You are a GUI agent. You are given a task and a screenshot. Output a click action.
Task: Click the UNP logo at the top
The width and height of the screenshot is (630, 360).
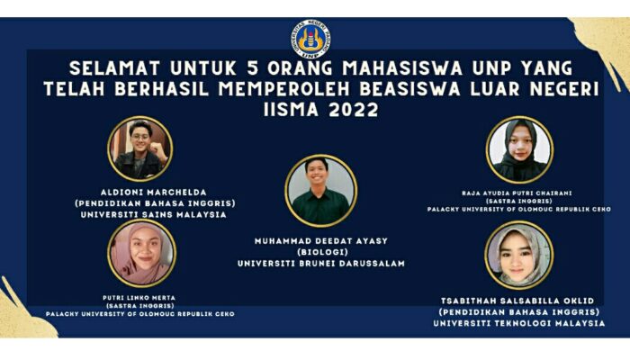(314, 38)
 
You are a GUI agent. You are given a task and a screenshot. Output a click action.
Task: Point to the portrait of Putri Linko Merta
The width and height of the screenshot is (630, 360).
(142, 254)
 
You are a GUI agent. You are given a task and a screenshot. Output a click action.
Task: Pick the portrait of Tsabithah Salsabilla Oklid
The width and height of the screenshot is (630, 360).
(519, 254)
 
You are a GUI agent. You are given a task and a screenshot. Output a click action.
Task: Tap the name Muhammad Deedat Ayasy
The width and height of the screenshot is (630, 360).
(320, 240)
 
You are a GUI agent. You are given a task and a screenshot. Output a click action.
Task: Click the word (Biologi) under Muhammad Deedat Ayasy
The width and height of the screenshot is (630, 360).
(320, 252)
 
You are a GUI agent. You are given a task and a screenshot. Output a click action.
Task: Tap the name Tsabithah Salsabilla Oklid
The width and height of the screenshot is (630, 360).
(519, 300)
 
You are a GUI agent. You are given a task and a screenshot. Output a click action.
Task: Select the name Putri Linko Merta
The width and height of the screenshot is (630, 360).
(140, 294)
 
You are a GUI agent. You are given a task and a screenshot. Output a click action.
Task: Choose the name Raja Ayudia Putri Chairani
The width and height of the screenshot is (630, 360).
(519, 192)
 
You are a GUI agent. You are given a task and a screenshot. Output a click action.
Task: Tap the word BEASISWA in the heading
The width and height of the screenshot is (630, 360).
(414, 90)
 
